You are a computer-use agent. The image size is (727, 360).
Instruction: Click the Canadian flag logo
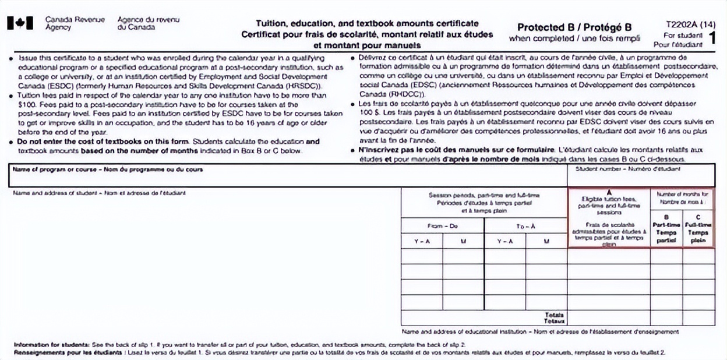click(20, 23)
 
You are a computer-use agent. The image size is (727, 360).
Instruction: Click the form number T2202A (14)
click(691, 24)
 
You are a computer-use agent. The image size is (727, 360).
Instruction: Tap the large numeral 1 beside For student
click(711, 38)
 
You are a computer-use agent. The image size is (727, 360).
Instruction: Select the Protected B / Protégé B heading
click(574, 27)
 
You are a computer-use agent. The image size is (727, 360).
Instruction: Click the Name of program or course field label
click(108, 169)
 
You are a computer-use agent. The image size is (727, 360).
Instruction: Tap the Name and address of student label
click(99, 193)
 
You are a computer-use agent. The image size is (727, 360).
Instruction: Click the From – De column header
click(442, 225)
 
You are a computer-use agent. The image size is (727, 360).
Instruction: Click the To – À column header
click(525, 225)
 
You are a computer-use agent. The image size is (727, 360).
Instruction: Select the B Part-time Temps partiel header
click(666, 228)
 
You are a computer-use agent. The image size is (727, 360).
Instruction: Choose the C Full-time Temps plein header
click(698, 228)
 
